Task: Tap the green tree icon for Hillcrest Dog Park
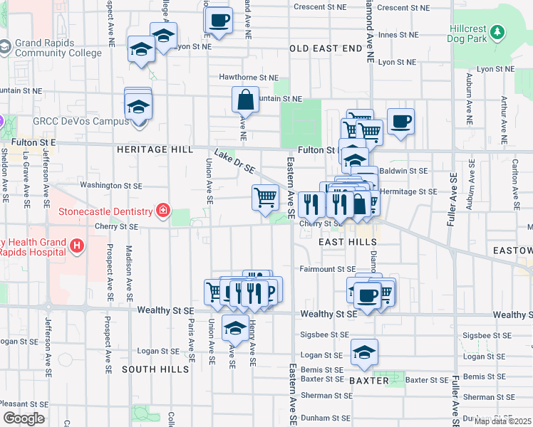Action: tap(497, 31)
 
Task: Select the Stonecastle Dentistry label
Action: tap(105, 211)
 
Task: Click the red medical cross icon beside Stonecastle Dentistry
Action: tap(163, 211)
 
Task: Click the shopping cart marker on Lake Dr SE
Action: tap(266, 197)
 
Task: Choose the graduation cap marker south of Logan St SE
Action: tap(364, 352)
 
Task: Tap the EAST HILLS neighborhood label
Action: tap(348, 243)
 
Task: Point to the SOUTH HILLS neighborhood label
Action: tap(155, 369)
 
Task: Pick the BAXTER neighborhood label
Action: tap(369, 381)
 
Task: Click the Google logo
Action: tap(24, 418)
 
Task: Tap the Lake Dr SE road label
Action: tap(234, 162)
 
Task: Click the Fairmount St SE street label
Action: tap(327, 269)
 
